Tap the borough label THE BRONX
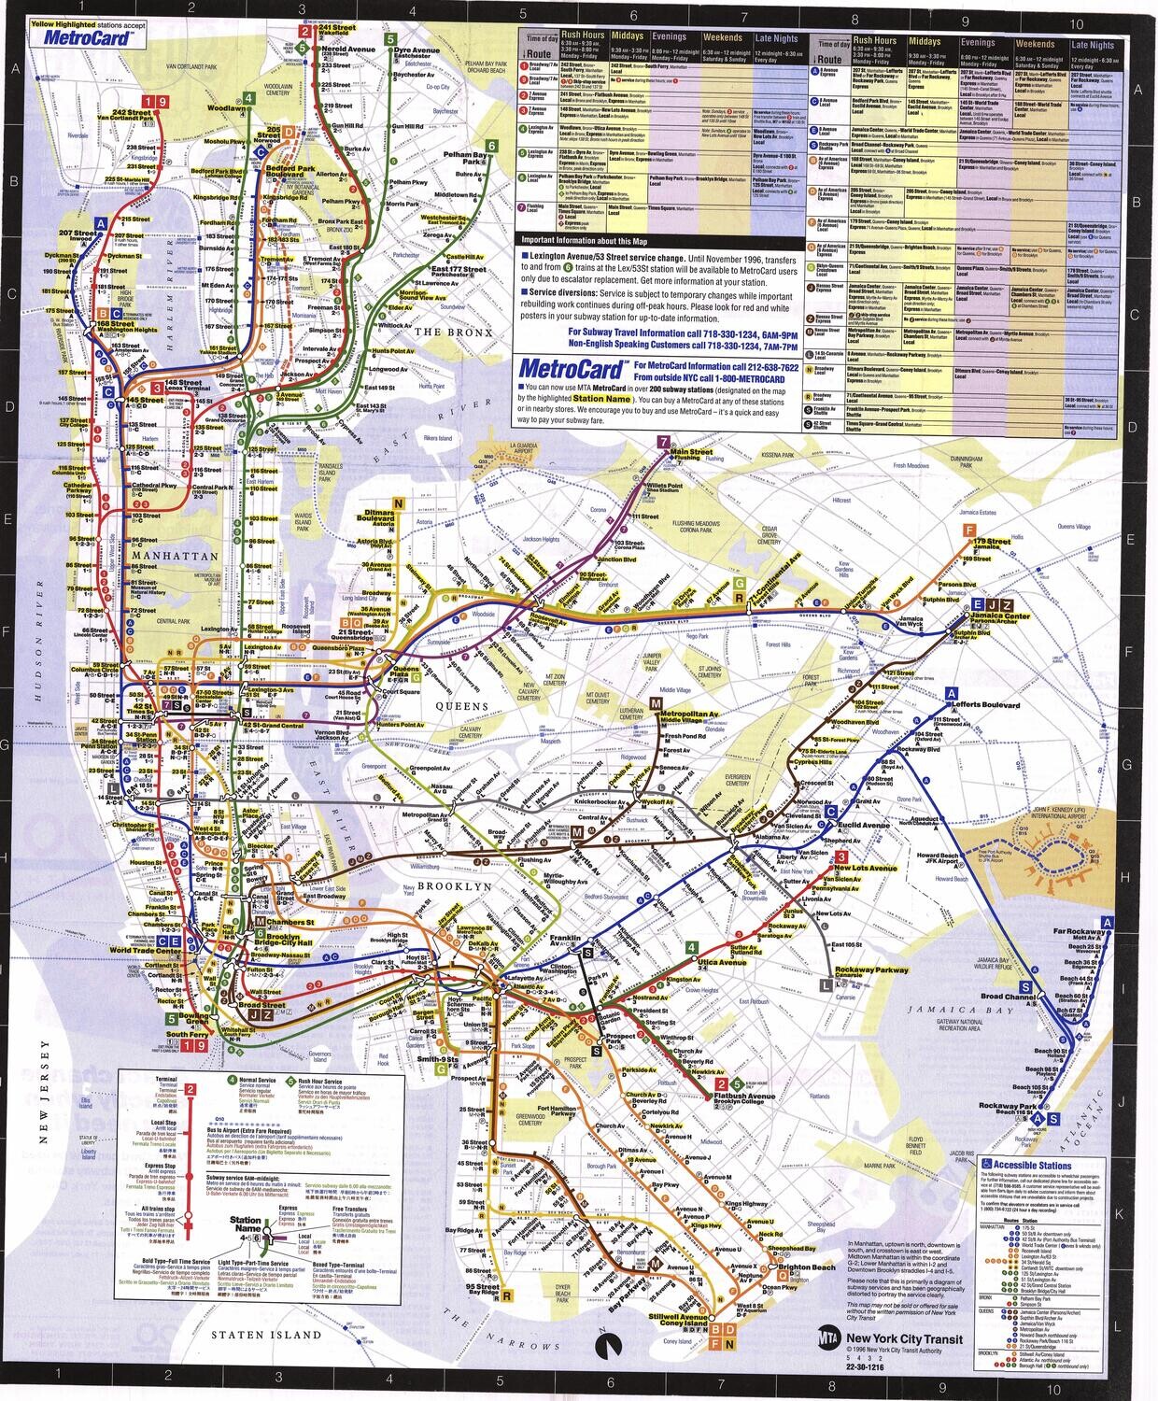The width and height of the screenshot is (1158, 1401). coord(445,332)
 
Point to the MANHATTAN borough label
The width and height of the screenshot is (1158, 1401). coord(162,555)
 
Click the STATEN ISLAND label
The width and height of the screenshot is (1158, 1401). coord(265,1335)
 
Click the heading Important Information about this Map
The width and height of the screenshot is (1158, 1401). coord(577,240)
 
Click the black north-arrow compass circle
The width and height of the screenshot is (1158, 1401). coord(606,1343)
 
